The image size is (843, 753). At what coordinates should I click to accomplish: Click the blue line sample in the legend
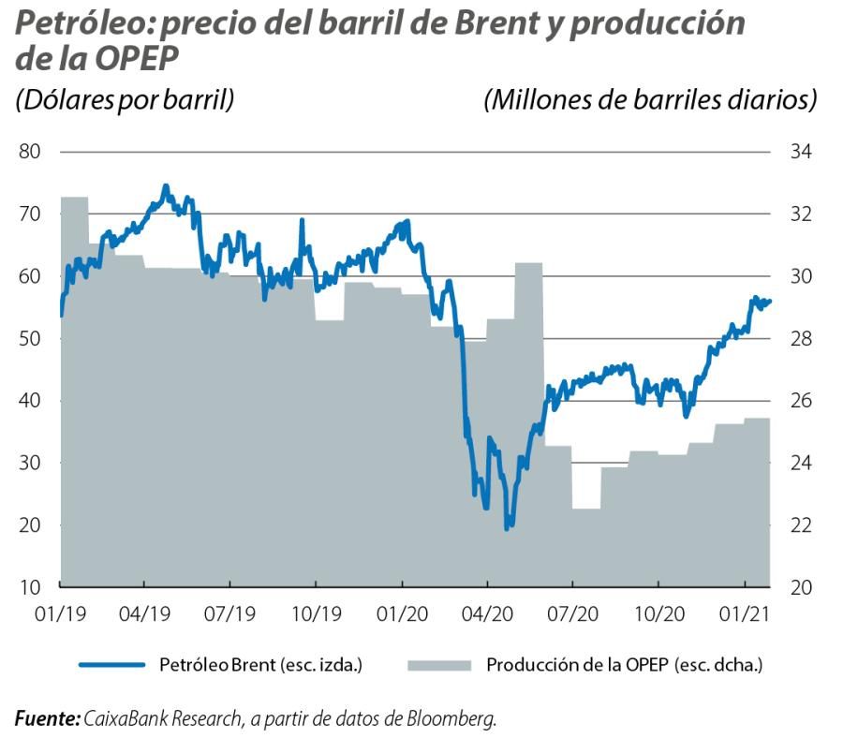click(x=112, y=665)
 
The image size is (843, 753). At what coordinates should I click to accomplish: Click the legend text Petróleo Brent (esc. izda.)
click(x=260, y=665)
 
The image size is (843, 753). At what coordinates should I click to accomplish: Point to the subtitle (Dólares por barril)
click(x=125, y=99)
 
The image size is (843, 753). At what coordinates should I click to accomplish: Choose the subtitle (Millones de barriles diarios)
click(x=649, y=99)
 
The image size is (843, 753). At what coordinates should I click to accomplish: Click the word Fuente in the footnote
click(x=47, y=719)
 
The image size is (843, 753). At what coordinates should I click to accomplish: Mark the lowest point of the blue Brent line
click(x=507, y=529)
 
